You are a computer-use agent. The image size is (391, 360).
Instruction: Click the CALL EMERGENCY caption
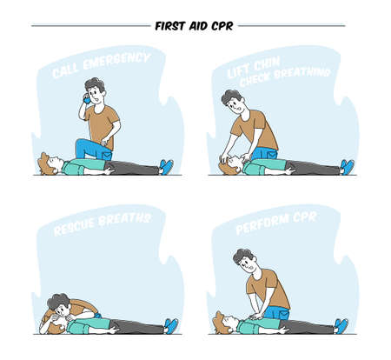[x=100, y=65]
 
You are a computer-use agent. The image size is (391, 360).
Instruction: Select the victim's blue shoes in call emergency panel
[x=165, y=165]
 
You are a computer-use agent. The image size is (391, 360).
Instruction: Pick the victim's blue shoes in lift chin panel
[x=347, y=165]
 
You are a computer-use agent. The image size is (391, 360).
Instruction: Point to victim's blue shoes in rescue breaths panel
[x=171, y=324]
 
